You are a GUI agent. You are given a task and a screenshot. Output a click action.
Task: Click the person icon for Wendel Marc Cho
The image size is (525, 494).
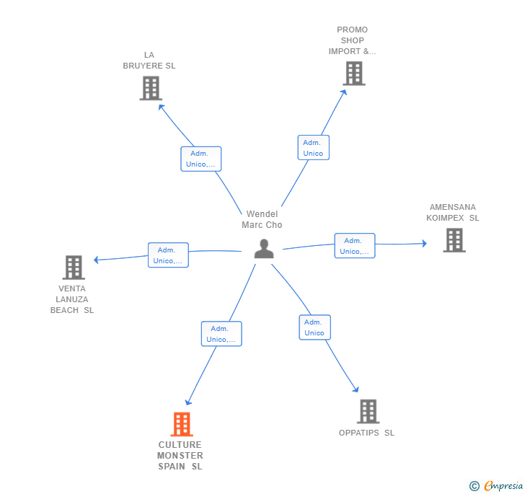(264, 249)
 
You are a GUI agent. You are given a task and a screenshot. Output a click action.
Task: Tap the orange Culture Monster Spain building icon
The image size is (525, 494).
(182, 424)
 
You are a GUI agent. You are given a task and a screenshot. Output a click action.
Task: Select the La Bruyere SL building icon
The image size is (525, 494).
(151, 88)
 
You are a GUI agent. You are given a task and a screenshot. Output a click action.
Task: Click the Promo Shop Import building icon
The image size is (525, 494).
(354, 74)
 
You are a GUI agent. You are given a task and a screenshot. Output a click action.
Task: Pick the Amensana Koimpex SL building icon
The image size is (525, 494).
(454, 240)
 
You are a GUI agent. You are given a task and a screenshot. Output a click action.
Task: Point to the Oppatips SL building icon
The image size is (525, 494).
(369, 411)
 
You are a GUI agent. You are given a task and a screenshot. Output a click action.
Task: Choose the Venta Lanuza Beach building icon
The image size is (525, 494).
(74, 268)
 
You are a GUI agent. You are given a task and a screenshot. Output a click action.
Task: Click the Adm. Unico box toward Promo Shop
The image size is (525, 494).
(314, 147)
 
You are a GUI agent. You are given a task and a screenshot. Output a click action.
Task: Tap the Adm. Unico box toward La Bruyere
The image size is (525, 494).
(201, 159)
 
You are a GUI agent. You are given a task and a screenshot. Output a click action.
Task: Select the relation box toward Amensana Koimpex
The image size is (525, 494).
(355, 245)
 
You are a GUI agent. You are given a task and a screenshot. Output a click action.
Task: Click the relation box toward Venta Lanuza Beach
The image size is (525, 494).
(168, 255)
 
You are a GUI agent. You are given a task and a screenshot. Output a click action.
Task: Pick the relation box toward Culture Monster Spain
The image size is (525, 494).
(221, 334)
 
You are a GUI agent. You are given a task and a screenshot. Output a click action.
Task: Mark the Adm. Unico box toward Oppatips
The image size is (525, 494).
(314, 327)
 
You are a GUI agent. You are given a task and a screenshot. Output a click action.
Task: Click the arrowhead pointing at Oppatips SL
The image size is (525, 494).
(356, 389)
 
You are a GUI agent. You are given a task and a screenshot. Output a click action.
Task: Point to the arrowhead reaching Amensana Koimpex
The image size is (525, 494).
(425, 244)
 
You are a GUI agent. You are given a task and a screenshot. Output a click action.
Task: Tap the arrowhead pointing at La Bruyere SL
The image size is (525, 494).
(162, 107)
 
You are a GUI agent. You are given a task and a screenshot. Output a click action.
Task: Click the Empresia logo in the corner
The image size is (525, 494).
(496, 485)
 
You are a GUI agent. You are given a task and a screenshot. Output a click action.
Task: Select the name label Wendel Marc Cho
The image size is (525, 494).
(262, 219)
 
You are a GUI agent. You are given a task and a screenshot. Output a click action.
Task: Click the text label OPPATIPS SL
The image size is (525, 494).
(366, 433)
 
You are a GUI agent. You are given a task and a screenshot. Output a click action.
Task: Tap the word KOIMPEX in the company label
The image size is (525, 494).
(445, 218)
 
